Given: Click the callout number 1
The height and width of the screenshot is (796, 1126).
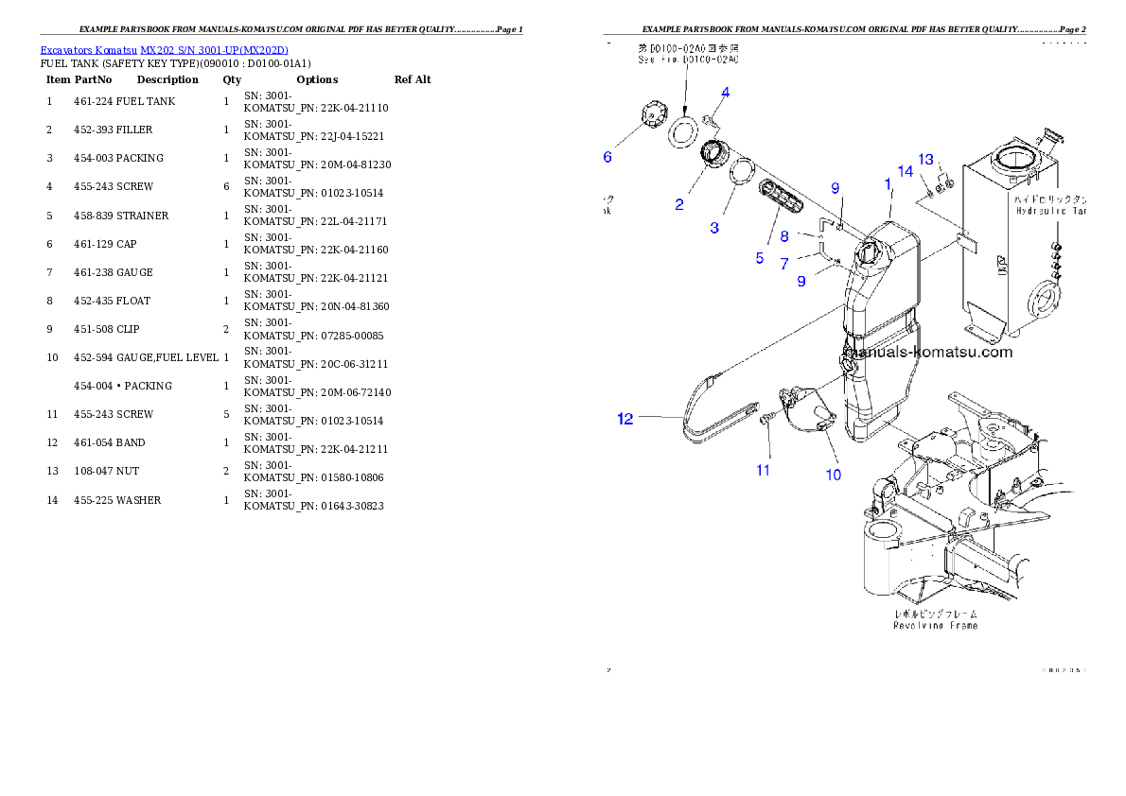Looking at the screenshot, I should coord(888,182).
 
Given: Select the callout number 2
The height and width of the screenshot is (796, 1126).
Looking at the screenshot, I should coord(679,204).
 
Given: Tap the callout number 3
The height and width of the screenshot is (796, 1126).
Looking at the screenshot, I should coord(714,228).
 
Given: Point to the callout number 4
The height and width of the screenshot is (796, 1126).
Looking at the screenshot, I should coord(725,93).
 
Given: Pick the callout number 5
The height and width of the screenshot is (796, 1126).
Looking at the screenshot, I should coord(759,257).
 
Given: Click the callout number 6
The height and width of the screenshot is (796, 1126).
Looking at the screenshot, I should coord(607,157).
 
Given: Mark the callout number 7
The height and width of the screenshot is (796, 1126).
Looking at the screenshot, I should coord(784,264).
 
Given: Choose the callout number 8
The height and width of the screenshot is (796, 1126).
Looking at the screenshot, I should coord(784,237).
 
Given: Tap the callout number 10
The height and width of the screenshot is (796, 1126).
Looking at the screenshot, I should coord(833,475).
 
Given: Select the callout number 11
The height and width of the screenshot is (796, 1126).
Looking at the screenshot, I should coord(763,469).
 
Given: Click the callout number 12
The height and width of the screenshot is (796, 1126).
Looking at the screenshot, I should coord(625,419).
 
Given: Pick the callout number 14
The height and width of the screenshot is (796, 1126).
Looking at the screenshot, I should coord(906,171).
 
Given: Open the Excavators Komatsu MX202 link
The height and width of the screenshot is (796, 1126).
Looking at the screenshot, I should coord(164,49).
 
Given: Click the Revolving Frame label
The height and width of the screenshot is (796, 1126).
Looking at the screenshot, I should coord(936,625).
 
